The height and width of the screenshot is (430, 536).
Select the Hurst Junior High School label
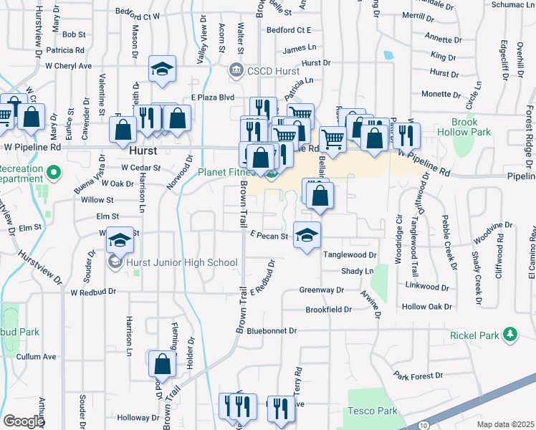(x=181, y=263)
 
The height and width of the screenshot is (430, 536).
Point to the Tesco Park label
(x=372, y=411)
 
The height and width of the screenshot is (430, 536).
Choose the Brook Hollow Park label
(x=471, y=127)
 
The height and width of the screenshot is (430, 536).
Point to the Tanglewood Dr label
(x=349, y=254)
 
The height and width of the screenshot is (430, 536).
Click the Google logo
(x=24, y=421)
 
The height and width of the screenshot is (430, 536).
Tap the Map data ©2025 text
(x=505, y=424)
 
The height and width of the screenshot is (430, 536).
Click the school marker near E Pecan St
(x=307, y=235)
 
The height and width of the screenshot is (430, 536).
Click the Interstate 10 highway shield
(x=425, y=425)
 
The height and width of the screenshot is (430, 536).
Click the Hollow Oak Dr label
(x=428, y=306)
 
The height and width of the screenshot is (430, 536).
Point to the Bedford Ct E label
(x=288, y=30)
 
